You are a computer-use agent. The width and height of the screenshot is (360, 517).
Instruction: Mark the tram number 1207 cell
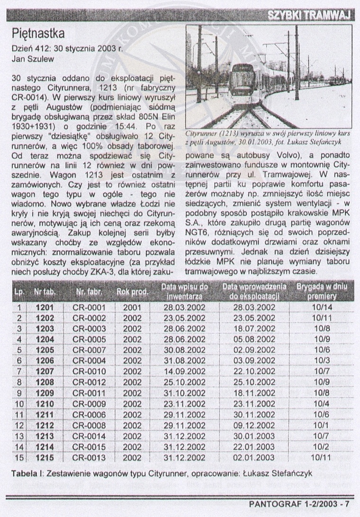pyautogui.click(x=46, y=372)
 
